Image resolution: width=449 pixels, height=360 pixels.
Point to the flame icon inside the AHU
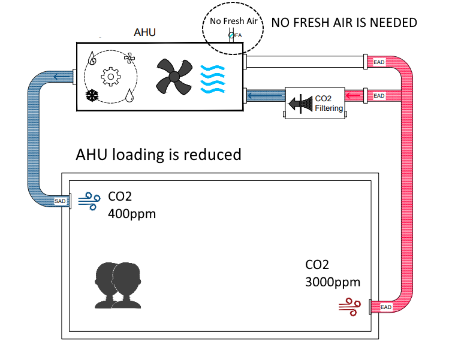click(92, 58)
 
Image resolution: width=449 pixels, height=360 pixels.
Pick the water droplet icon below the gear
click(129, 96)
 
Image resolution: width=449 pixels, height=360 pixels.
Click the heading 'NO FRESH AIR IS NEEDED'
click(344, 23)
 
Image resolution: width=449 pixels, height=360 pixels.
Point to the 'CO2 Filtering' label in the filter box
click(329, 104)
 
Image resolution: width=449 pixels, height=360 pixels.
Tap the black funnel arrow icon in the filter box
click(302, 103)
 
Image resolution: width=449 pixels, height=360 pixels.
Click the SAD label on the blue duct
click(61, 201)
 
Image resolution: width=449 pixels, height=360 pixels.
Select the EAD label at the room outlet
click(386, 307)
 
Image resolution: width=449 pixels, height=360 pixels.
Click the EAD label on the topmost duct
click(379, 62)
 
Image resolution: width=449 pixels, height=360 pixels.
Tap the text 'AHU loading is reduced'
click(158, 155)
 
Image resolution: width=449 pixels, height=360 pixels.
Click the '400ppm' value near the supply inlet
click(132, 213)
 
